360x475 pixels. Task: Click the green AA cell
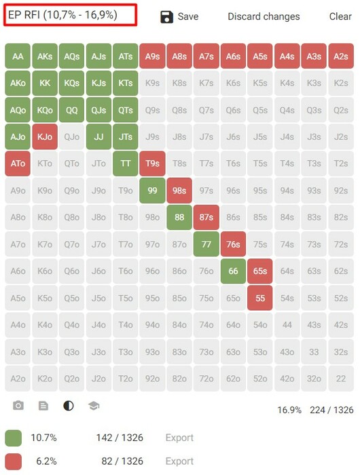18,56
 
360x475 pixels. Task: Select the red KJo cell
45,136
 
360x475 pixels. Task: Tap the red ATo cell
18,164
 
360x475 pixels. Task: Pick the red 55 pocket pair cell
260,298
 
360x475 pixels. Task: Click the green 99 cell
152,191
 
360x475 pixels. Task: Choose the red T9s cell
152,164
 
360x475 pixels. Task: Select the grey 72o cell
206,379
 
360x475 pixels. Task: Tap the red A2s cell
341,56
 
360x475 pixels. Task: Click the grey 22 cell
341,379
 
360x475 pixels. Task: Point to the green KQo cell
45,110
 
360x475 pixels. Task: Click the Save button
179,17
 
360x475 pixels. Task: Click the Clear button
340,16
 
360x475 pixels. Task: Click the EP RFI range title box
71,15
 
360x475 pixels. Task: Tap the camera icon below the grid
18,405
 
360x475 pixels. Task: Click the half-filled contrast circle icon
69,405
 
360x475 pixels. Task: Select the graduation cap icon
94,406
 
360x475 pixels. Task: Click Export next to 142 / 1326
179,438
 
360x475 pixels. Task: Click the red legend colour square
14,461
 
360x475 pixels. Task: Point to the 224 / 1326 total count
331,410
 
